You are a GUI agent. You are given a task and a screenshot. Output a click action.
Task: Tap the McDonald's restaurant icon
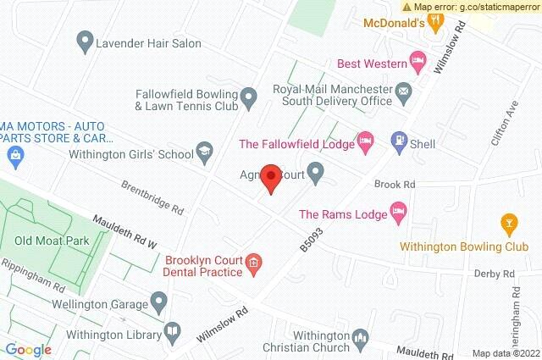point(435,23)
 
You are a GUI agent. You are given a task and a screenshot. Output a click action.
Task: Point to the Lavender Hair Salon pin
point(84,39)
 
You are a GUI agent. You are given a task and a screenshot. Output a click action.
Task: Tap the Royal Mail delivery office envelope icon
point(405,91)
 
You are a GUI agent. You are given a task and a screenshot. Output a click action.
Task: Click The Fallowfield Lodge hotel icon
point(365,143)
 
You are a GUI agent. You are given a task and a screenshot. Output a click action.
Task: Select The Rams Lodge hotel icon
point(397,212)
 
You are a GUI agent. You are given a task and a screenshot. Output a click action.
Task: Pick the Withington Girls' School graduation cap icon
point(203,152)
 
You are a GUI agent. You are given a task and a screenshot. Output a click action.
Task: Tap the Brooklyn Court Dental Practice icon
point(253,266)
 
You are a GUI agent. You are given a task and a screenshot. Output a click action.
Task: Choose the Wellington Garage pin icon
point(158,302)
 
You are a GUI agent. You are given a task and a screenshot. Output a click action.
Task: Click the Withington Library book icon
point(170,330)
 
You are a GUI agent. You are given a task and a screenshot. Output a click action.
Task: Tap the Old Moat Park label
point(58,241)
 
